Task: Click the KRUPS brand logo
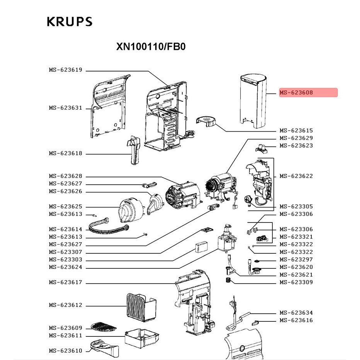coord(70,22)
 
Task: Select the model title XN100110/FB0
coord(151,47)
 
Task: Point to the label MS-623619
coord(65,70)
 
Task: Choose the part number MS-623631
coord(65,108)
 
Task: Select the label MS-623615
coord(296,131)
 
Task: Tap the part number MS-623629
coord(296,138)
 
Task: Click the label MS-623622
coord(296,176)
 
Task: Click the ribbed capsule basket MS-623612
coord(141,305)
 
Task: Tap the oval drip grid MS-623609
coord(103,327)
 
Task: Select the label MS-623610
coord(65,351)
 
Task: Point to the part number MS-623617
coord(65,282)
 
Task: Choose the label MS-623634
coord(296,313)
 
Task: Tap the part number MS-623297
coord(296,260)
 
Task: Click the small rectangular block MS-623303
coord(202,247)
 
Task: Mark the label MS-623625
coord(65,207)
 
